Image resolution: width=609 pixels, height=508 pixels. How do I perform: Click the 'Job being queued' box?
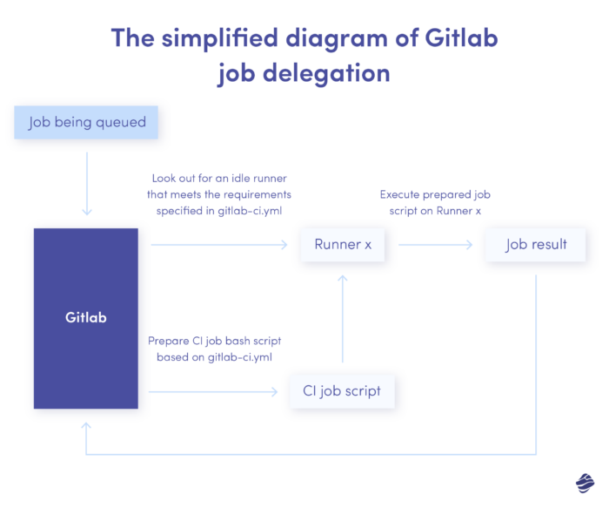pyautogui.click(x=86, y=122)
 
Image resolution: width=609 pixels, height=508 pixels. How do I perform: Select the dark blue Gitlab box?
pyautogui.click(x=86, y=318)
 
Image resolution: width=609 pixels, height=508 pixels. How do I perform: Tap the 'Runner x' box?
pyautogui.click(x=343, y=245)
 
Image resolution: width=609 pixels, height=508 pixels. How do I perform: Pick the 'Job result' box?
pyautogui.click(x=536, y=245)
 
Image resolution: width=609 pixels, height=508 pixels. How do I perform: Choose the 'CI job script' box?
pyautogui.click(x=342, y=390)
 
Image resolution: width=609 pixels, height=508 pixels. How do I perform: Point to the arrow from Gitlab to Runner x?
pyautogui.click(x=217, y=245)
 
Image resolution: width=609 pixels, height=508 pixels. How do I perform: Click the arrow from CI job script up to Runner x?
pyautogui.click(x=343, y=318)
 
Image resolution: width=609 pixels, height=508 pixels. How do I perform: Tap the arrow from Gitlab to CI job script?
pyautogui.click(x=217, y=390)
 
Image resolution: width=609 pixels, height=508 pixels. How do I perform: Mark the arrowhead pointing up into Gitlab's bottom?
pyautogui.click(x=86, y=428)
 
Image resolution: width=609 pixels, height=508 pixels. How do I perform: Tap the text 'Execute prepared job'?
pyautogui.click(x=435, y=194)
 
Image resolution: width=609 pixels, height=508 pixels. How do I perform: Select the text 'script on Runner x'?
pyautogui.click(x=435, y=211)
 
